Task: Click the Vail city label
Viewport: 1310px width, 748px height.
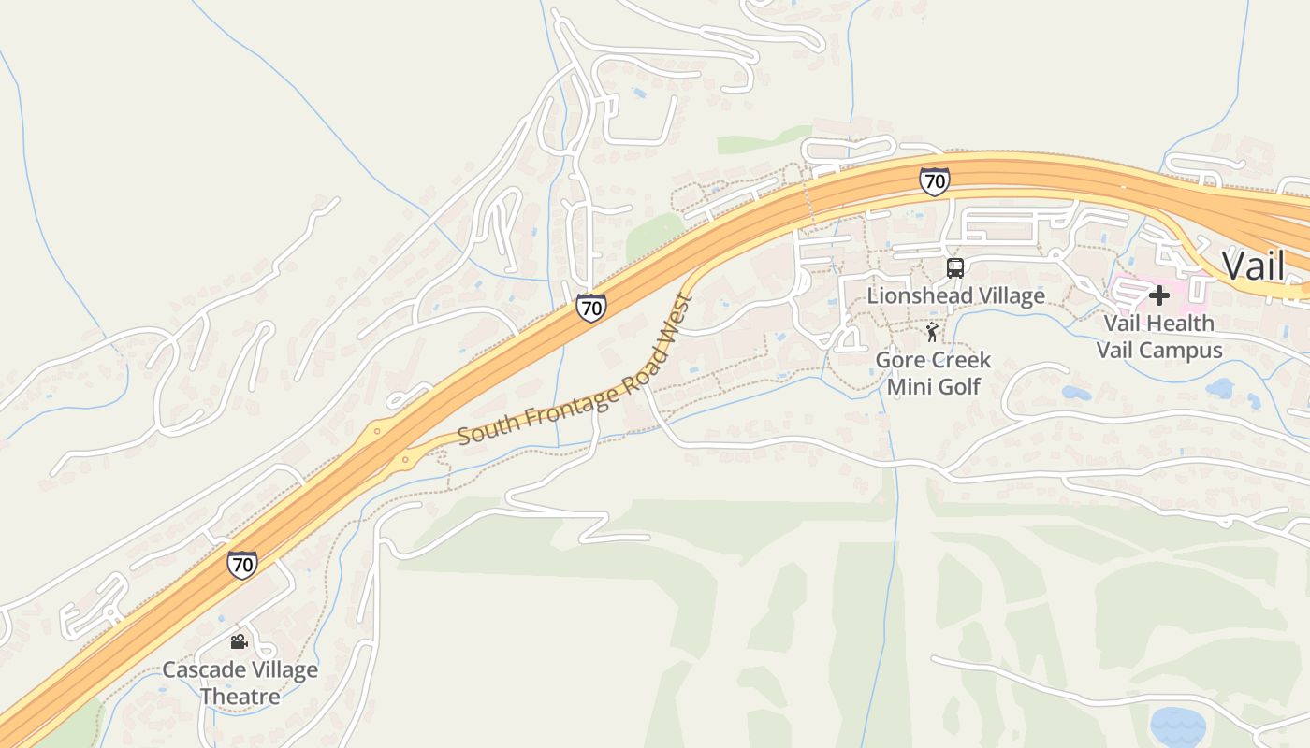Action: [x=1253, y=266]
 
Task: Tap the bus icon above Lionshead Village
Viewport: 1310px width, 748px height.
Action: [x=955, y=268]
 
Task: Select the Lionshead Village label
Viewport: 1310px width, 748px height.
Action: [x=955, y=295]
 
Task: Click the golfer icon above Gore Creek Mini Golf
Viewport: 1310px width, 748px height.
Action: [x=933, y=332]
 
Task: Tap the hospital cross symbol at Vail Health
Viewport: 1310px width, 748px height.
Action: [x=1159, y=295]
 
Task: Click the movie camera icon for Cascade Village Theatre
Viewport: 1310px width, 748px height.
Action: [x=239, y=641]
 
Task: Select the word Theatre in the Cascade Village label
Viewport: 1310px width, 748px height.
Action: [x=240, y=697]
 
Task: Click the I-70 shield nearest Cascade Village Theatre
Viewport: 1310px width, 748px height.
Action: [x=242, y=564]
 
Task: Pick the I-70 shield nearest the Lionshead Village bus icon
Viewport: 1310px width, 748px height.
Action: [x=934, y=181]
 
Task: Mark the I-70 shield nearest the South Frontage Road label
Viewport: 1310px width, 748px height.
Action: [x=590, y=307]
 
